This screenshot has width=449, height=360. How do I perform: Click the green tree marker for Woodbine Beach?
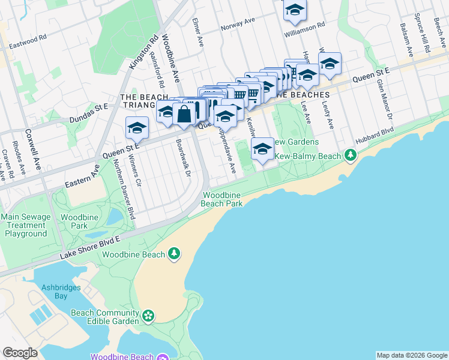(x=174, y=254)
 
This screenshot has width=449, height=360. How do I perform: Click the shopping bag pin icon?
(x=183, y=114)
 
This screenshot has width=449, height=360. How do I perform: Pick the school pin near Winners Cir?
(x=137, y=128)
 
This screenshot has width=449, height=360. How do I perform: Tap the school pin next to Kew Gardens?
(x=262, y=149)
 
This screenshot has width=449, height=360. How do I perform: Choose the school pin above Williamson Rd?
(x=294, y=10)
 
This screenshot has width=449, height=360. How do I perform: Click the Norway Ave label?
(x=238, y=25)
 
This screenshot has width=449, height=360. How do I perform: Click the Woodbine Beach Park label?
(x=222, y=199)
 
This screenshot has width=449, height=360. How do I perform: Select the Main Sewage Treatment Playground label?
(x=23, y=225)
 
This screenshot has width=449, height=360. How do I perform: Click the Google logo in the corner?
(x=20, y=353)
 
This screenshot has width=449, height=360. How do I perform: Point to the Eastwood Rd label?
(x=28, y=38)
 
